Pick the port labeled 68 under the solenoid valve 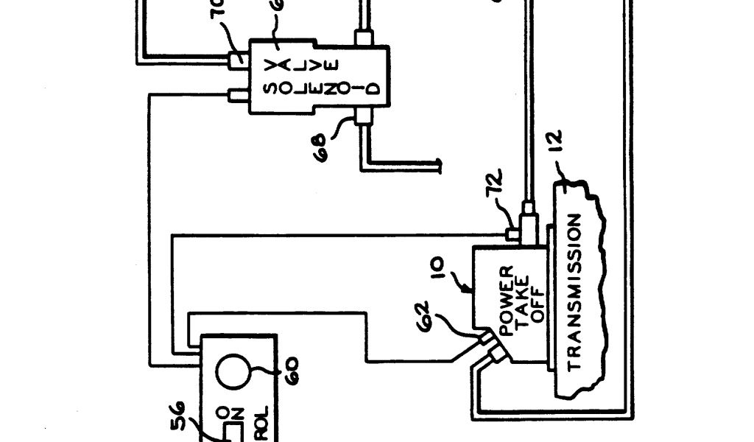tap(362, 116)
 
